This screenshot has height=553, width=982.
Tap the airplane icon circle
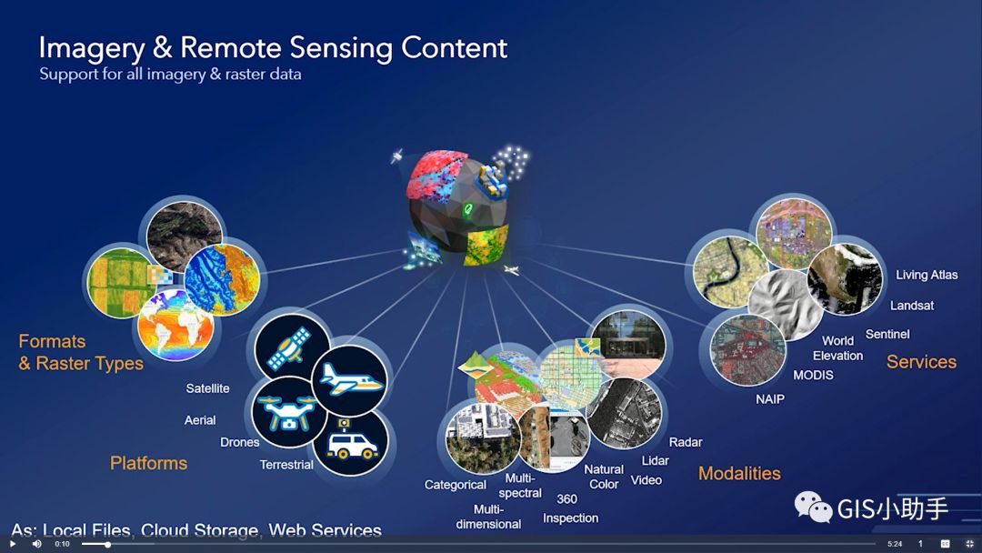(349, 380)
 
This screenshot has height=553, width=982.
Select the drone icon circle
(289, 412)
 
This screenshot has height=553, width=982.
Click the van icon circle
(351, 442)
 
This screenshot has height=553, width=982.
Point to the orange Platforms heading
(148, 463)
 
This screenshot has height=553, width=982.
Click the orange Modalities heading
(739, 474)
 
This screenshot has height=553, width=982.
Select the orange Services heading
(921, 362)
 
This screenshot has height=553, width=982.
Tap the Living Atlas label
(927, 275)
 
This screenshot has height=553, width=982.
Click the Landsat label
(912, 306)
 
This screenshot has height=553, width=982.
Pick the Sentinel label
(887, 335)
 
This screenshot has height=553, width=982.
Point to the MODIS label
(813, 375)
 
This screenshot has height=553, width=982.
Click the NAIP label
(770, 399)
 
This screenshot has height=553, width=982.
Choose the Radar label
(686, 442)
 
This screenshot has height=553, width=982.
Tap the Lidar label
(655, 461)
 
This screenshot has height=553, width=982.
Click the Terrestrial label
(286, 465)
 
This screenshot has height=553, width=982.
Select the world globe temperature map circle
(175, 326)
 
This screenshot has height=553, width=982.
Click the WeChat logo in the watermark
(813, 507)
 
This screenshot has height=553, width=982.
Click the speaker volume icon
(37, 544)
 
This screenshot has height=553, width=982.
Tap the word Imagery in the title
(92, 48)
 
